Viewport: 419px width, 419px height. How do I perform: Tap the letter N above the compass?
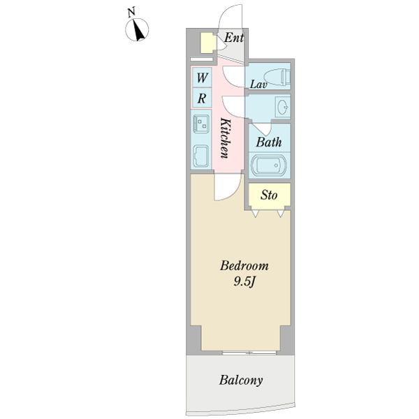[x=131, y=11]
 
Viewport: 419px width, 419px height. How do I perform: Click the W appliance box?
[x=201, y=77]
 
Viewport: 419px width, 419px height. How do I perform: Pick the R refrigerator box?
[x=201, y=98]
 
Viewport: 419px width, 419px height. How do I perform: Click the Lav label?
[x=259, y=85]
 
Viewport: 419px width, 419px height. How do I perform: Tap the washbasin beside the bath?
[x=282, y=108]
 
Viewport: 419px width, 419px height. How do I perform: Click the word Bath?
[x=268, y=142]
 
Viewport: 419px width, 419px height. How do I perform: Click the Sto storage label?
[x=269, y=196]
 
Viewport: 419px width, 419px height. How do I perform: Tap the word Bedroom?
[x=244, y=266]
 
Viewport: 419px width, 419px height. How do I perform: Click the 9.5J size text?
[x=244, y=282]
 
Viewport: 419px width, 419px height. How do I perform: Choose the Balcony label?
[x=240, y=381]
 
